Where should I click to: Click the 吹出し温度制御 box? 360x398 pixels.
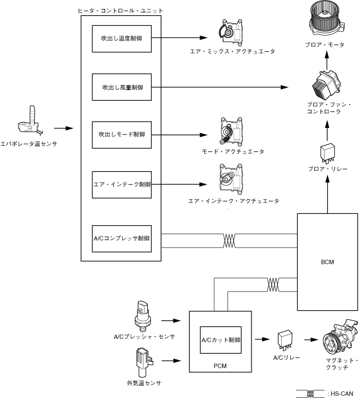tap(121, 39)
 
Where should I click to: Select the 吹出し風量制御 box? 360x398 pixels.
tap(121, 87)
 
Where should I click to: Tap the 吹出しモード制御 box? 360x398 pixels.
tap(121, 135)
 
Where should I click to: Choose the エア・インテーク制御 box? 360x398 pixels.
tap(121, 184)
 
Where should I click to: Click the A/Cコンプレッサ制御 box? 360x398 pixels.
tap(121, 238)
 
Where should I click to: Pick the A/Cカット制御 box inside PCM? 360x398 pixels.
tap(221, 340)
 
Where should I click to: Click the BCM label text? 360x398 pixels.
tap(326, 262)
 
